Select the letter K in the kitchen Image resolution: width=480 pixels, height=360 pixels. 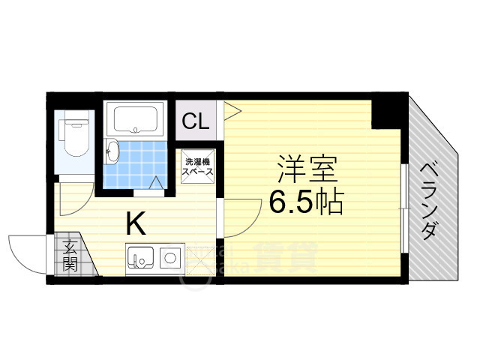(x=135, y=223)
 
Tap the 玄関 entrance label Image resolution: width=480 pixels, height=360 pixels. (x=70, y=255)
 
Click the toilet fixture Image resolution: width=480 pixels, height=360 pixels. (x=75, y=136)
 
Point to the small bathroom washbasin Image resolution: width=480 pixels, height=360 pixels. (x=112, y=152)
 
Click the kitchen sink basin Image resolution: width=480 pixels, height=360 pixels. (x=140, y=259)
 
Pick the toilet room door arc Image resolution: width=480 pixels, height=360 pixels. (x=75, y=191)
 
